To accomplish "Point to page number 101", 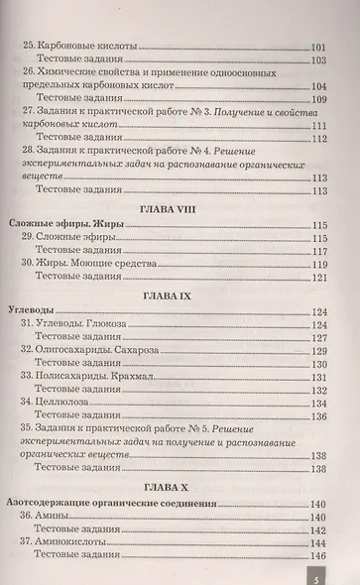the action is coord(318,47).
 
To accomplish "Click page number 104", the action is coord(318,86).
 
